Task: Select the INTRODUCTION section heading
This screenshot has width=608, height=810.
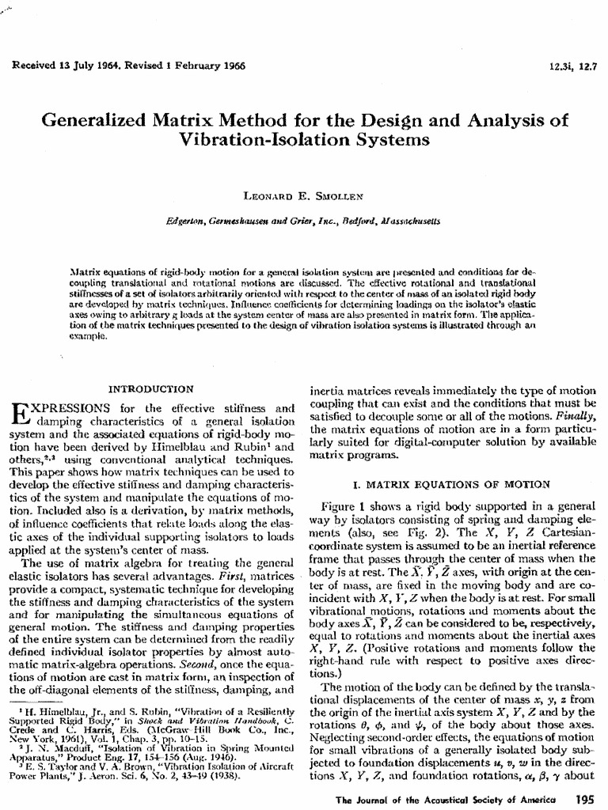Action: (150, 388)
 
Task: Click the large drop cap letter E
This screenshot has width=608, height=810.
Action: (21, 414)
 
